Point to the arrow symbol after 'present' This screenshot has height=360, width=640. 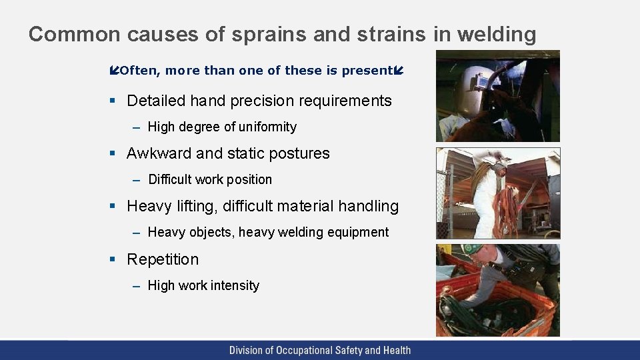399,71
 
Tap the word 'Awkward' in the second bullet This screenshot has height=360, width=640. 157,153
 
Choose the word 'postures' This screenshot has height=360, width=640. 299,153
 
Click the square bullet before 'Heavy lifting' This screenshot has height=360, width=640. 113,207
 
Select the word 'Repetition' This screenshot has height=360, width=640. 163,259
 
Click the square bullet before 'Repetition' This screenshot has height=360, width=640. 113,259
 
